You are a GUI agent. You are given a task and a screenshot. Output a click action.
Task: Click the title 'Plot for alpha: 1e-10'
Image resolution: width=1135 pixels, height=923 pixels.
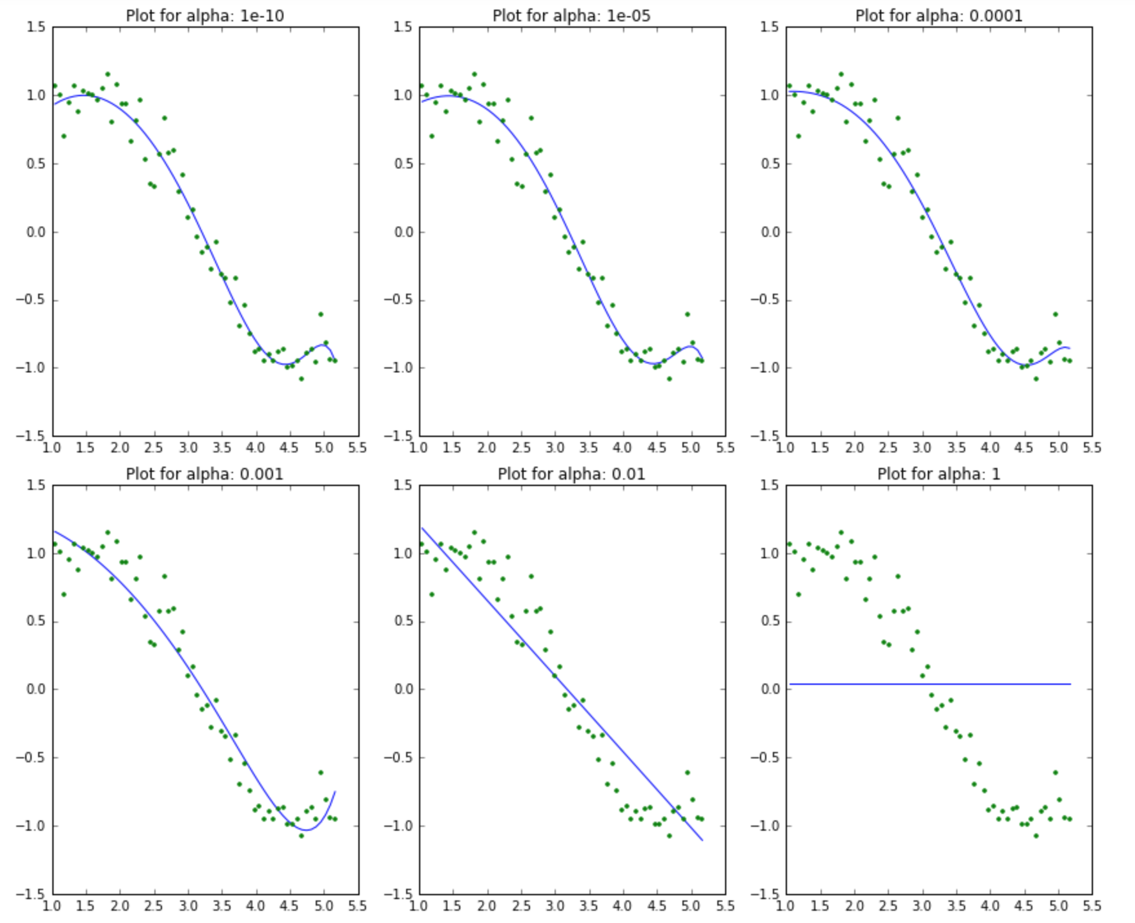coord(205,15)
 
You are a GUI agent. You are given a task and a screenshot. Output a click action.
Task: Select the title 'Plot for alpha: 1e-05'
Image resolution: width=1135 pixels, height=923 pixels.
coord(571,15)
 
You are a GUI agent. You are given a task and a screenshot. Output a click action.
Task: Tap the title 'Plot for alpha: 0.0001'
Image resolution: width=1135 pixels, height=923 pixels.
coord(939,15)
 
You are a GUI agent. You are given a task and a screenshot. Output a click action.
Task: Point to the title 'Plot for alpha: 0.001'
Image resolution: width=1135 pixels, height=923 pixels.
coord(205,474)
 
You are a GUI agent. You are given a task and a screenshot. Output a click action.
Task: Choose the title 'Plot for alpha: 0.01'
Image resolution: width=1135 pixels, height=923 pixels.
coord(571,474)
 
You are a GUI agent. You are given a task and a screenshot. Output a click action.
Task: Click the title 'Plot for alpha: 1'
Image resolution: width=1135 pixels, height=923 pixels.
coord(939,474)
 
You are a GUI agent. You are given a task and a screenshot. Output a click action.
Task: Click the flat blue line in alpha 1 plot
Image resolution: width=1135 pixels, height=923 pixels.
coord(930,684)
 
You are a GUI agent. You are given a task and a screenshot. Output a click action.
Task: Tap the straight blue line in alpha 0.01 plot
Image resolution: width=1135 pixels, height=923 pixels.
coord(562,685)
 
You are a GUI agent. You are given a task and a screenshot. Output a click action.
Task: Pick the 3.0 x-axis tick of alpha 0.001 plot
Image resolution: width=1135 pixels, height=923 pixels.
coord(188,906)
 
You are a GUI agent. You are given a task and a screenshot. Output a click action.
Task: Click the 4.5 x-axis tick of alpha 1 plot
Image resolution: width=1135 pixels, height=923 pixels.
coord(1023,906)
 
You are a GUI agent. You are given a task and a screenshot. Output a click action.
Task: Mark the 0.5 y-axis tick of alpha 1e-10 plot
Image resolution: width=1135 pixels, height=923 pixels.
coord(36,163)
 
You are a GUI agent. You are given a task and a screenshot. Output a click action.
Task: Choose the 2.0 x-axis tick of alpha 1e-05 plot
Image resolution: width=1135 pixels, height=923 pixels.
coord(487,447)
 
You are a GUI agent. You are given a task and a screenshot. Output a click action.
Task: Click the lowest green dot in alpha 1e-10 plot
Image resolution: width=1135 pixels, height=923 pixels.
coord(302,379)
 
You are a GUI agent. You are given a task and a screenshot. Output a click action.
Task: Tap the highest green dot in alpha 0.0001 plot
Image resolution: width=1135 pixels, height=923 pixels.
coord(841,74)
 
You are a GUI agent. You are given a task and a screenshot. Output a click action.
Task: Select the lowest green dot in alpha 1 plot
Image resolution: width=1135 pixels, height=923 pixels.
coord(1036,835)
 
